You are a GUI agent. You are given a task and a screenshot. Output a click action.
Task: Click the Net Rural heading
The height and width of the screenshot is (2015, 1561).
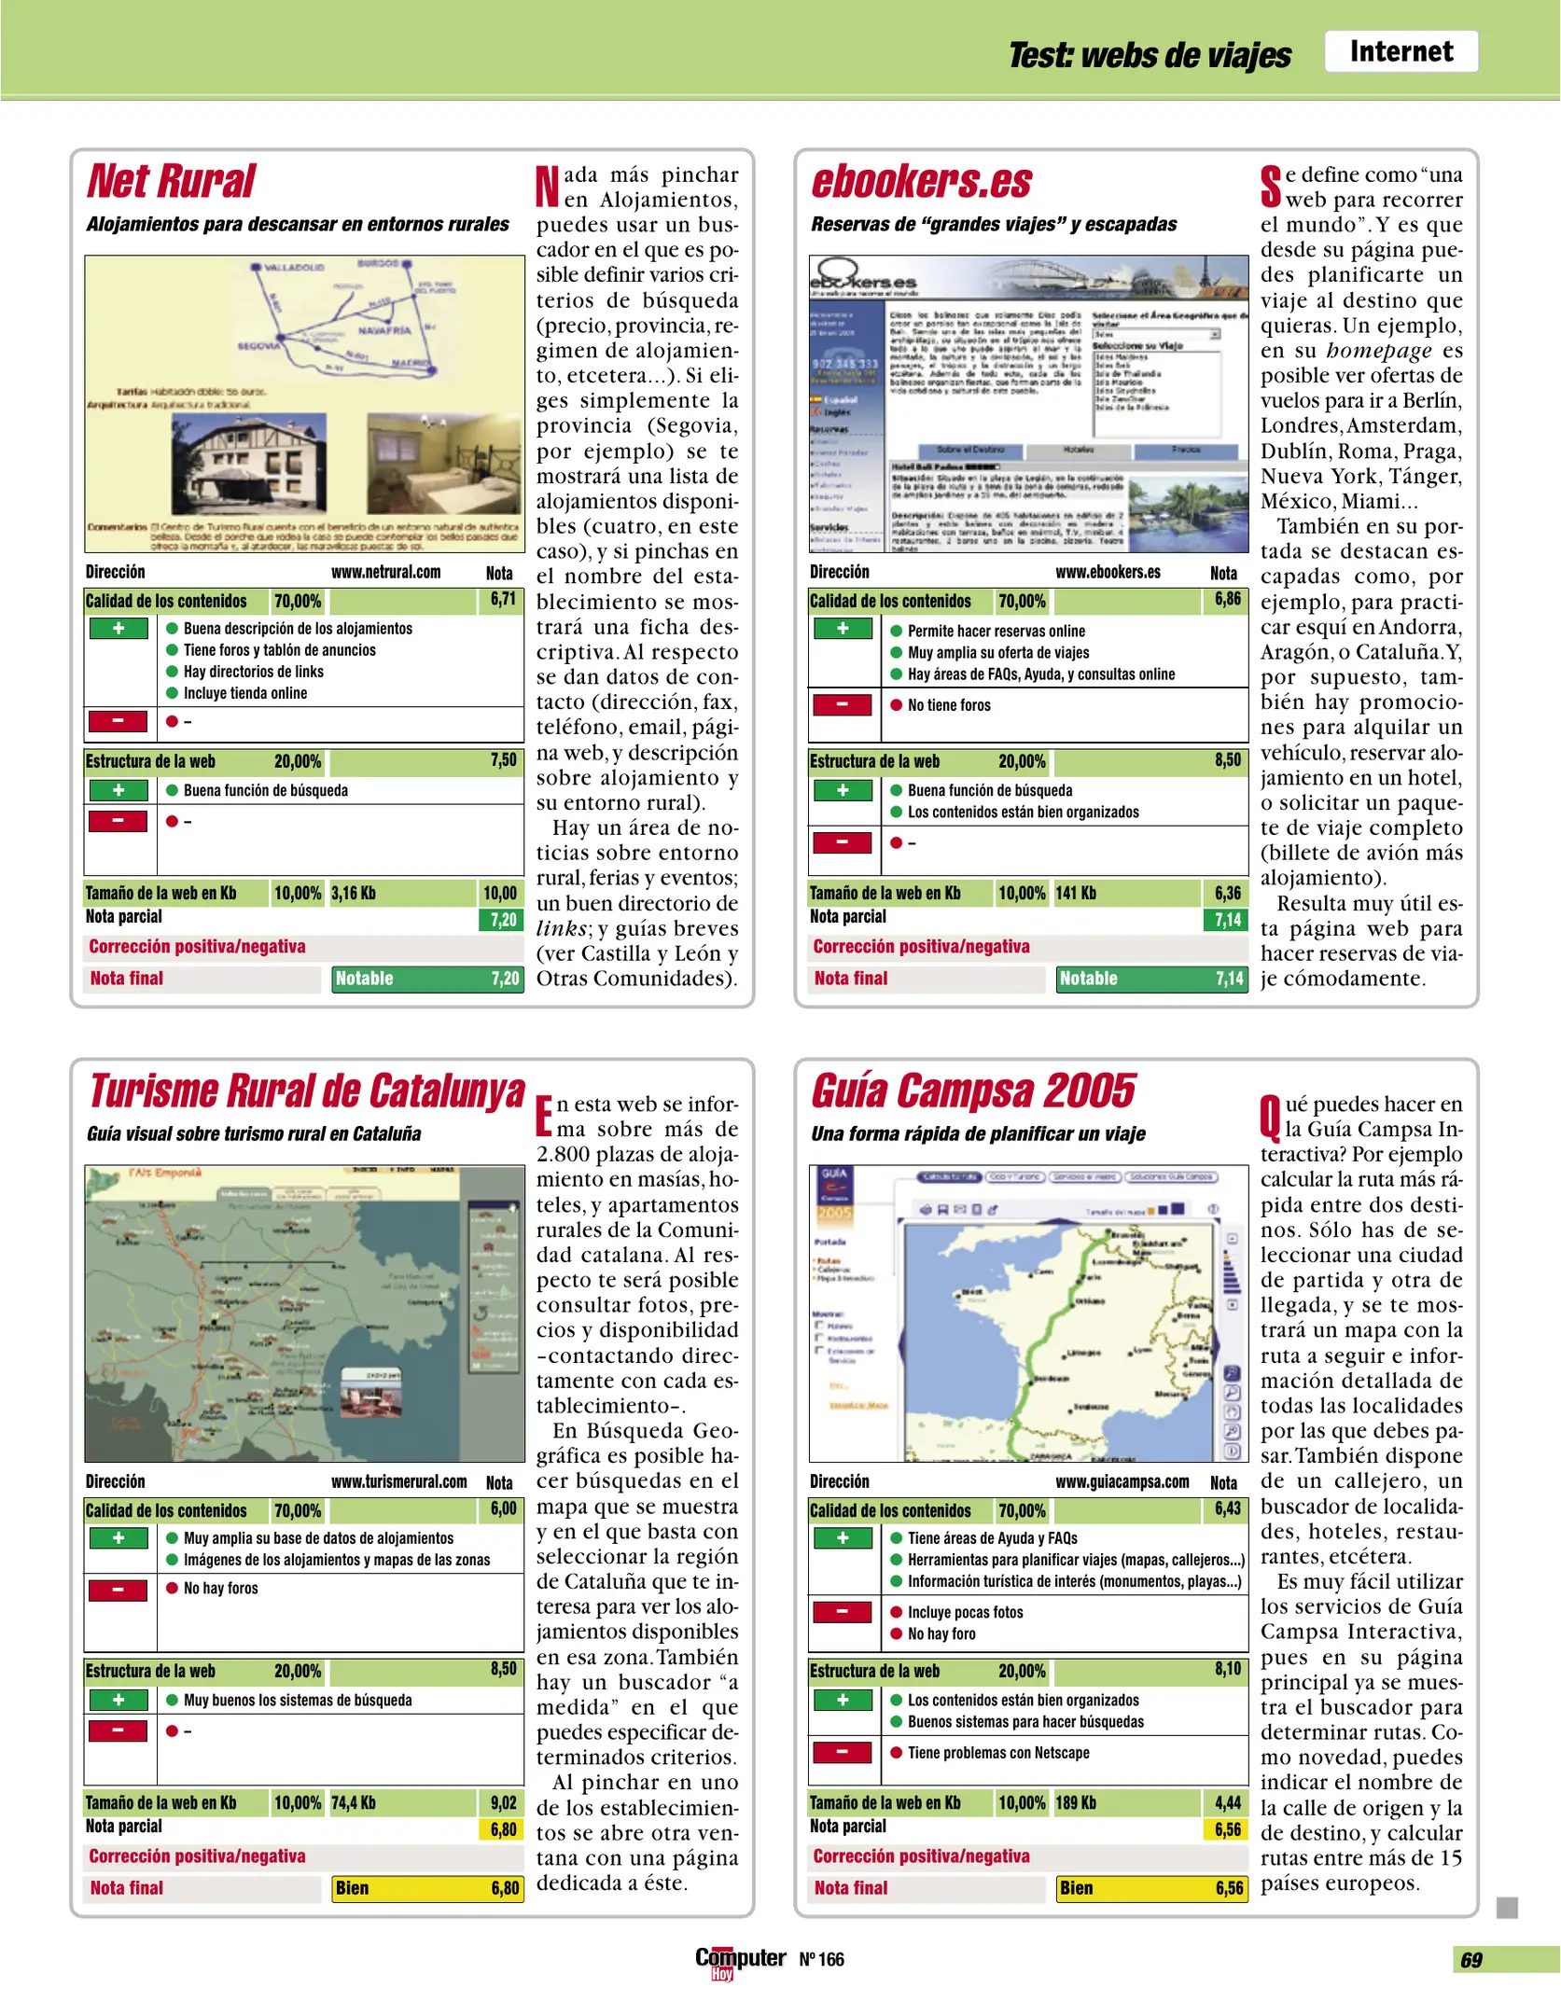[x=171, y=181]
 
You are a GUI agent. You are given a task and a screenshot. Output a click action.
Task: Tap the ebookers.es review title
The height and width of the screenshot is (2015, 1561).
[x=921, y=181]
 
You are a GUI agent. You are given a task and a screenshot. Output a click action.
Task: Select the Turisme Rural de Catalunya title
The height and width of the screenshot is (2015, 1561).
[x=306, y=1091]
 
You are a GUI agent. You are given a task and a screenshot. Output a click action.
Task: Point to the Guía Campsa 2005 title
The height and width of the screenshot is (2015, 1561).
[x=973, y=1091]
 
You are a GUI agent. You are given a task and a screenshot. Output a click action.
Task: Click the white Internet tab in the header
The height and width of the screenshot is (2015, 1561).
[x=1401, y=51]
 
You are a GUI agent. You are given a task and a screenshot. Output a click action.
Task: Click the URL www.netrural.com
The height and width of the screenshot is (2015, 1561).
[x=385, y=572]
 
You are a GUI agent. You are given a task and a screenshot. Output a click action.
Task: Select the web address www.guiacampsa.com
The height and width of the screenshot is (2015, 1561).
[x=1122, y=1481]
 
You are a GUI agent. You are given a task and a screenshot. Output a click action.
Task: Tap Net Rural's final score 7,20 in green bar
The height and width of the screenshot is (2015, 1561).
[x=505, y=979]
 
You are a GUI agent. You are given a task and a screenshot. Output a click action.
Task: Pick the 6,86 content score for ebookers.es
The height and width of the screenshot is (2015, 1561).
[x=1227, y=600]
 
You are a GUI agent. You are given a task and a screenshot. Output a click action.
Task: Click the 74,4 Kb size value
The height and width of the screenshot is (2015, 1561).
[x=354, y=1802]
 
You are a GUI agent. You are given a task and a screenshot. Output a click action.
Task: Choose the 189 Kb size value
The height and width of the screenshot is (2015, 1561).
[x=1075, y=1802]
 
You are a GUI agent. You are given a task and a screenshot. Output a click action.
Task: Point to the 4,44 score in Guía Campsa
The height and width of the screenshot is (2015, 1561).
[x=1227, y=1802]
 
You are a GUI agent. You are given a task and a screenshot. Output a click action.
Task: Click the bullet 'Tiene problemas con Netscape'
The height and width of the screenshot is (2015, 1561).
[x=997, y=1753]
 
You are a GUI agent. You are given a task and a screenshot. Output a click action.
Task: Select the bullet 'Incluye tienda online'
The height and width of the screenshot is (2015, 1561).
[x=244, y=693]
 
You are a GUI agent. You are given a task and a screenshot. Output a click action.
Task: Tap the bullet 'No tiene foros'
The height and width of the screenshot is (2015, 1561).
[x=948, y=705]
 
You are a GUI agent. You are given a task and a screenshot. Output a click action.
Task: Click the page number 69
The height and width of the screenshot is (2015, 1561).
[x=1470, y=1960]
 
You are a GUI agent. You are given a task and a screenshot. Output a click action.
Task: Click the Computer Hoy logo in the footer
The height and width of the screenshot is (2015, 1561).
[x=740, y=1960]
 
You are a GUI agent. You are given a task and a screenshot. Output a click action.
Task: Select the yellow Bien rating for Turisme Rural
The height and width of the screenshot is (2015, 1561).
[x=353, y=1888]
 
